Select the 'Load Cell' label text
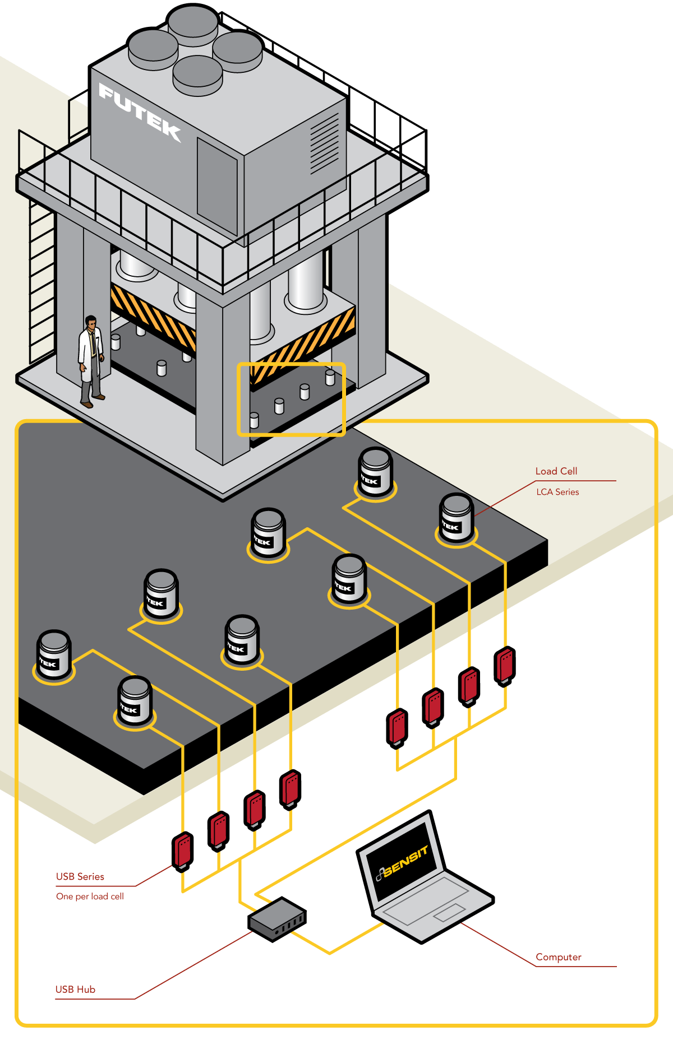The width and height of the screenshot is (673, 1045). coord(556,471)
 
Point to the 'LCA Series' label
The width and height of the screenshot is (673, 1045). coord(557,492)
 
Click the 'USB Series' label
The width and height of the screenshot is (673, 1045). coord(80,877)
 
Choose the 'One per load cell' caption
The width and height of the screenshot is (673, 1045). coord(90,897)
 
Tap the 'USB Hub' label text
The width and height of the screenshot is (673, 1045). coord(75,990)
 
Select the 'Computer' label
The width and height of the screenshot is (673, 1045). coord(559,957)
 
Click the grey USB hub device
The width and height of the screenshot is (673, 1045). coord(277,919)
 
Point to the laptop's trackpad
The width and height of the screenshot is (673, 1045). coord(449,912)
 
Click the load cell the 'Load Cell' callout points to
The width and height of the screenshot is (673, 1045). coord(457,519)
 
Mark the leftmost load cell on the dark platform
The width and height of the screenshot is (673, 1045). coord(54,656)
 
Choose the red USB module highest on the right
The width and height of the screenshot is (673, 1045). coord(505,666)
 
